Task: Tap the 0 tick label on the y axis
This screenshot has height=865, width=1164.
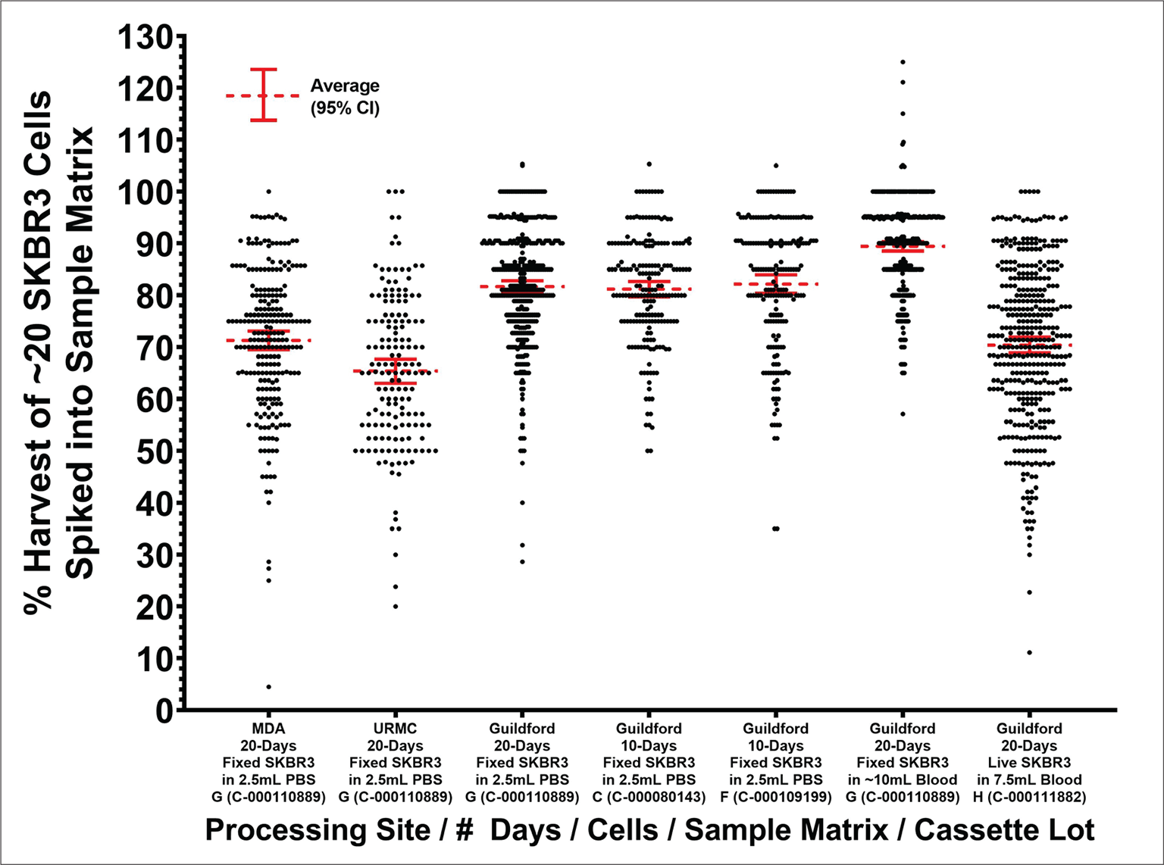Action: pyautogui.click(x=163, y=710)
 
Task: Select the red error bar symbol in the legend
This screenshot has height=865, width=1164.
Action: pyautogui.click(x=264, y=95)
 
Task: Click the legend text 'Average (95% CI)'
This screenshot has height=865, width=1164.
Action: pyautogui.click(x=345, y=97)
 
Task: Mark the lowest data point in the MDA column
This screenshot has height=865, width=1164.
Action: pyautogui.click(x=268, y=687)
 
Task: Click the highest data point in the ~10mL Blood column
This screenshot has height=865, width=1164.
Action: pyautogui.click(x=903, y=62)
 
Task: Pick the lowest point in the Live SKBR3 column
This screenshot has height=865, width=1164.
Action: pyautogui.click(x=1029, y=653)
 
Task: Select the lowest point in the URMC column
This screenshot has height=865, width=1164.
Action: pyautogui.click(x=396, y=607)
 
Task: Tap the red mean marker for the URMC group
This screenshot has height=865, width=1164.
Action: pyautogui.click(x=396, y=371)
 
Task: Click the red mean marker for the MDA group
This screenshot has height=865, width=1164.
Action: pyautogui.click(x=268, y=341)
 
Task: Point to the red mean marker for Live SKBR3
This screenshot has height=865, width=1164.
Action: pyautogui.click(x=1029, y=345)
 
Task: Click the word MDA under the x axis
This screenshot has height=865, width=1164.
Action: pyautogui.click(x=268, y=729)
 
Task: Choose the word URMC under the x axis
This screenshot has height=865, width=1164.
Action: pyautogui.click(x=396, y=729)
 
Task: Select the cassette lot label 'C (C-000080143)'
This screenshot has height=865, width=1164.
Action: pyautogui.click(x=649, y=797)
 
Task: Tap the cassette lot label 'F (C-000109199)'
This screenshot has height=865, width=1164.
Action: pyautogui.click(x=775, y=797)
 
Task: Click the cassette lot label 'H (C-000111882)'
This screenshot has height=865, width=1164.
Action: pyautogui.click(x=1029, y=797)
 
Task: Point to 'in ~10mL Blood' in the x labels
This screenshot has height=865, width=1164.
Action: pyautogui.click(x=903, y=780)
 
